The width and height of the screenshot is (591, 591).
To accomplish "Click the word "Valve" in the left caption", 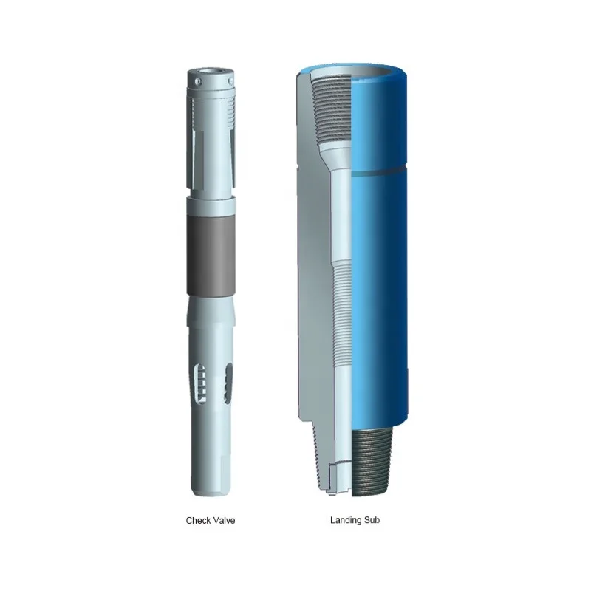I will pyautogui.click(x=223, y=521).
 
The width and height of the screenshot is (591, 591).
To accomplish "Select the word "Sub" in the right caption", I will pyautogui.click(x=372, y=520).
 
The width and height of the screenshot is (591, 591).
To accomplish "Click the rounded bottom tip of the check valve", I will pyautogui.click(x=208, y=491).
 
